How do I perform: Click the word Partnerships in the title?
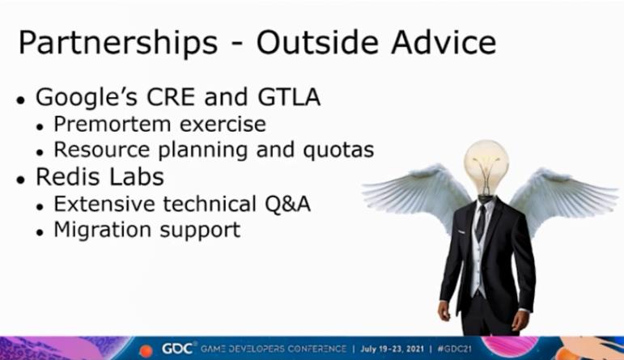click(x=118, y=43)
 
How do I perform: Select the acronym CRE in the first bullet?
click(x=171, y=97)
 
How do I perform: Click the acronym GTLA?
click(x=289, y=97)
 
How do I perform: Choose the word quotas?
click(x=338, y=150)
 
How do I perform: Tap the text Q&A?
click(x=288, y=204)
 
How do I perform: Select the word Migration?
click(x=102, y=231)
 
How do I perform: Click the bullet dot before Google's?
click(x=21, y=100)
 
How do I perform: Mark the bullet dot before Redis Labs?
click(x=21, y=180)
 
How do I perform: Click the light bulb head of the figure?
click(x=486, y=167)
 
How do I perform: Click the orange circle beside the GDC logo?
click(x=146, y=350)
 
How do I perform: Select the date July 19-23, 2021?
click(x=392, y=349)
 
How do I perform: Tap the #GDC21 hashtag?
click(x=454, y=349)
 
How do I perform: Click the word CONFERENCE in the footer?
click(x=316, y=349)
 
